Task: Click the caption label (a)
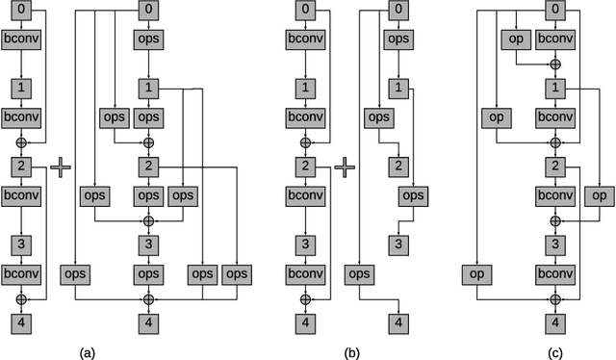(85, 352)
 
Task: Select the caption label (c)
(554, 352)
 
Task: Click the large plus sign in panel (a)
(61, 167)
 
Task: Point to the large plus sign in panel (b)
(346, 167)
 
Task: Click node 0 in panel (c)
(555, 11)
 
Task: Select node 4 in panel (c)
(555, 321)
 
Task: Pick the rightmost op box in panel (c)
(599, 195)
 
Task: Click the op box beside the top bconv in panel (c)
(517, 39)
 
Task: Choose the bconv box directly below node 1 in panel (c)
(555, 117)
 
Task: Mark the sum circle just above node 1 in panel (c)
(555, 64)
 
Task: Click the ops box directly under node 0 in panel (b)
(398, 39)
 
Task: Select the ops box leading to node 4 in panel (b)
(359, 274)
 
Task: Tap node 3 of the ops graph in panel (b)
(398, 244)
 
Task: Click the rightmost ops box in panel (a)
(236, 274)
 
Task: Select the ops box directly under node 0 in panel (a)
(149, 39)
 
